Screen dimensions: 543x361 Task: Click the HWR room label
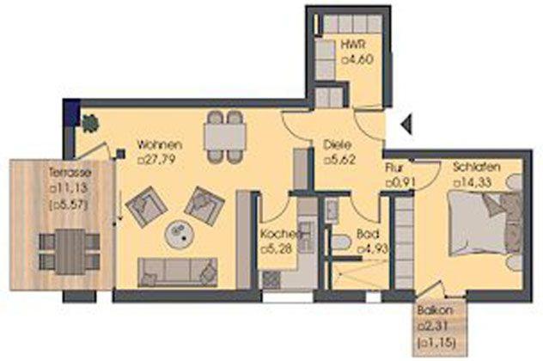tap(353, 45)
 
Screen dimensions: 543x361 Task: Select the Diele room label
tap(337, 144)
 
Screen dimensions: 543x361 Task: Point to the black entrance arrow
tap(406, 123)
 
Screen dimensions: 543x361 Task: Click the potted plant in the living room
tap(89, 123)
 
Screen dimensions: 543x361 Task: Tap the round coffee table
tap(180, 234)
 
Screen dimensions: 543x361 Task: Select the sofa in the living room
tap(177, 272)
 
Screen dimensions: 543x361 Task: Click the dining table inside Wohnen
tap(224, 137)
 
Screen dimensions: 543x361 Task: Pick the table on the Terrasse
tap(70, 251)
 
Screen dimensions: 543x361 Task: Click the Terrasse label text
tap(70, 172)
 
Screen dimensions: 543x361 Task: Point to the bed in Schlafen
tap(485, 223)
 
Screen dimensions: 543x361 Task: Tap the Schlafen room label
tap(477, 167)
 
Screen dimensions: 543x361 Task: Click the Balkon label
tap(435, 310)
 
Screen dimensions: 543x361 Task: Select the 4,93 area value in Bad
tap(373, 248)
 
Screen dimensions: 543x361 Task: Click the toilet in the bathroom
tap(341, 242)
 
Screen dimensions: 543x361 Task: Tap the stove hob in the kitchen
tap(271, 279)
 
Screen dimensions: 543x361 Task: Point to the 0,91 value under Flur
tap(400, 182)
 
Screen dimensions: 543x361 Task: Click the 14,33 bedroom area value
tap(473, 182)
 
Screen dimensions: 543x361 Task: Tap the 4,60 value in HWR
tap(357, 59)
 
